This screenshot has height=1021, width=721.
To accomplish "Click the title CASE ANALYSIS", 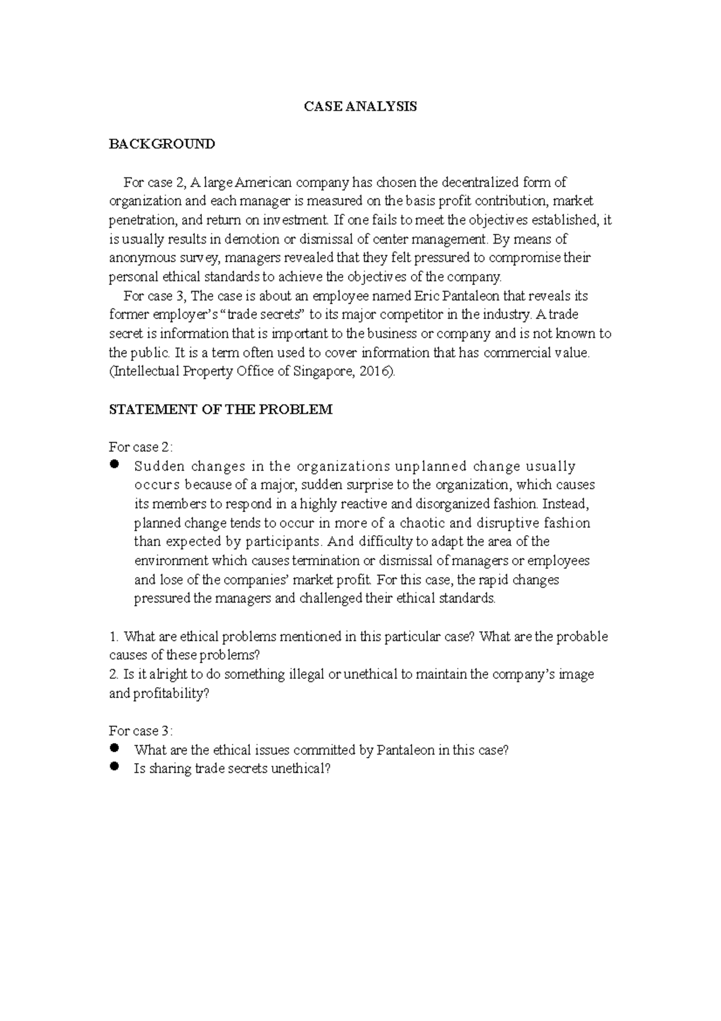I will click(360, 106).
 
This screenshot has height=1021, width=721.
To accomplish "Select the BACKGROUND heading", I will click(162, 144).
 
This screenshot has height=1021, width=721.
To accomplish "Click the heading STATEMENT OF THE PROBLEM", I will click(220, 409).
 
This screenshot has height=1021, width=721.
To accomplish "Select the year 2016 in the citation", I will click(374, 372).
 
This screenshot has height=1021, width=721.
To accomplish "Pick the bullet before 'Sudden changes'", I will click(115, 465).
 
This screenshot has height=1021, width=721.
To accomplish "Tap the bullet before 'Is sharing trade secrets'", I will click(115, 767).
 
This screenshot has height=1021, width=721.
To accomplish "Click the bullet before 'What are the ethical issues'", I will click(115, 749).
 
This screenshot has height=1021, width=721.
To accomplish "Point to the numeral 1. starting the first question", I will click(114, 637).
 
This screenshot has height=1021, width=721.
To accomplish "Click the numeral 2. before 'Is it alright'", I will click(114, 675).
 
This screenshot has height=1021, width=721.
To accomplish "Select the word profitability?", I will click(171, 693).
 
